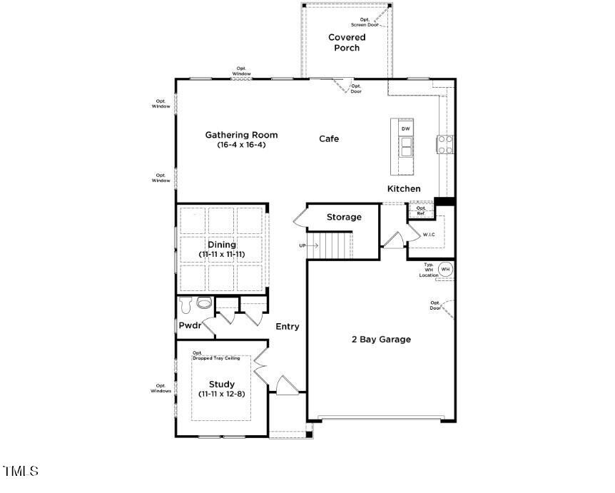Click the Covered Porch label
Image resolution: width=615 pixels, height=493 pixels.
(347, 43)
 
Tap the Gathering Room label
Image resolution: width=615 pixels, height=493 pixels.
(241, 135)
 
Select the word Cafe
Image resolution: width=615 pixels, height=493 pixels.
(329, 138)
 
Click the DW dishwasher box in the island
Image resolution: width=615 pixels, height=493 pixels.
(406, 128)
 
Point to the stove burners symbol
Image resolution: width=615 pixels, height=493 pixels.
(446, 145)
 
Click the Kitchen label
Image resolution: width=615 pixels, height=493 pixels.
(404, 189)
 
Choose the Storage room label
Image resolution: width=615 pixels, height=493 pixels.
(344, 217)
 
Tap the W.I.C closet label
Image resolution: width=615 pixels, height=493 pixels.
(429, 234)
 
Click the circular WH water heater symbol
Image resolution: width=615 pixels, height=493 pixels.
(446, 269)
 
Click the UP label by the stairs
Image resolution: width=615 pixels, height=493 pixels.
(303, 245)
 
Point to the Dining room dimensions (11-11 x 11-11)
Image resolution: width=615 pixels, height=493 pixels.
(222, 254)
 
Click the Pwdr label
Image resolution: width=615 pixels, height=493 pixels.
(189, 326)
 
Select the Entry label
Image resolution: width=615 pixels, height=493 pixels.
(288, 327)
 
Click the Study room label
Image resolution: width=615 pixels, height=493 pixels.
(222, 385)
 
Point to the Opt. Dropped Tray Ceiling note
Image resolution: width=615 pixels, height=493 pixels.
(217, 355)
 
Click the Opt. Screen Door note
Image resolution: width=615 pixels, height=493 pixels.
(369, 22)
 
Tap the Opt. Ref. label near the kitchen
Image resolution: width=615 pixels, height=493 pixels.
(421, 210)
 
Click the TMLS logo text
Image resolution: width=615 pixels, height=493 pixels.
(21, 472)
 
